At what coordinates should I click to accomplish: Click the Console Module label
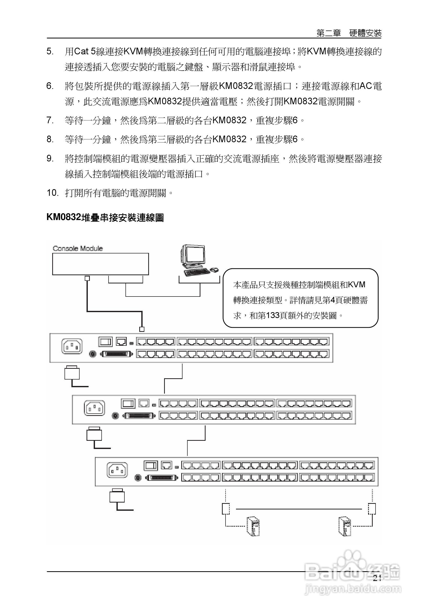(78, 248)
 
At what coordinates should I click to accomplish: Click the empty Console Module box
(100, 264)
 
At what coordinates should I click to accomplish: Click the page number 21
(377, 578)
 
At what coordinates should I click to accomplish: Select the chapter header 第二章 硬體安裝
(349, 33)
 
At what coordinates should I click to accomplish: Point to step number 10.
(52, 193)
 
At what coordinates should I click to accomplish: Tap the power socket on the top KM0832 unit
(72, 346)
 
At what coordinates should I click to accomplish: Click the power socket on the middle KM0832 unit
(94, 408)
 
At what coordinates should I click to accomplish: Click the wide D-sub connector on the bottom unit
(162, 478)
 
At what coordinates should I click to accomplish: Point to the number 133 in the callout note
(273, 315)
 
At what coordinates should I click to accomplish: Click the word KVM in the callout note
(357, 285)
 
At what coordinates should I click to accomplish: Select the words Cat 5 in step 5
(84, 51)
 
